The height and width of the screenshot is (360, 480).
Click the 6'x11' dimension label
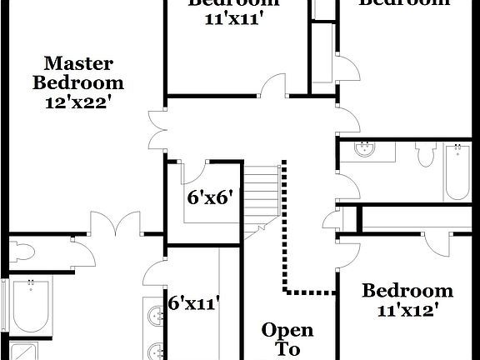point(194,302)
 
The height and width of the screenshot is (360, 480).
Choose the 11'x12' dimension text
point(407,309)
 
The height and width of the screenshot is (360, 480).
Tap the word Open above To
point(287,330)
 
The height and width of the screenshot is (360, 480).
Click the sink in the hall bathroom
point(364,150)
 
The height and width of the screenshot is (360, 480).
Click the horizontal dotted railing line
point(311,292)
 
